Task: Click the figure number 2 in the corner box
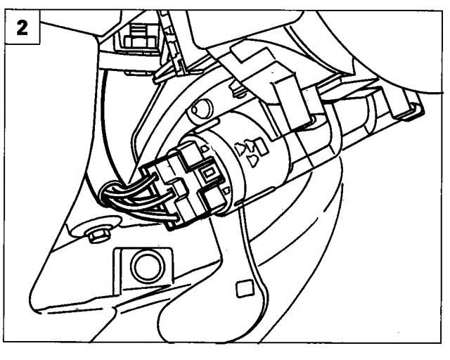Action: (x=22, y=28)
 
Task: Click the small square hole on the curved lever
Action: (x=245, y=289)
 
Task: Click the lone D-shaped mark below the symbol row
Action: (x=253, y=161)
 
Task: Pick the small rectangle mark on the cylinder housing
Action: (x=262, y=146)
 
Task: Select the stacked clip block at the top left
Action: (x=140, y=37)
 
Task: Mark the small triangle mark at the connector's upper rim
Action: (x=205, y=148)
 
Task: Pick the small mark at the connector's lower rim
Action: (x=226, y=190)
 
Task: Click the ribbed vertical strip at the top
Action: (x=171, y=40)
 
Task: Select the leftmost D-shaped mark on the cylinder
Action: (x=240, y=149)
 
